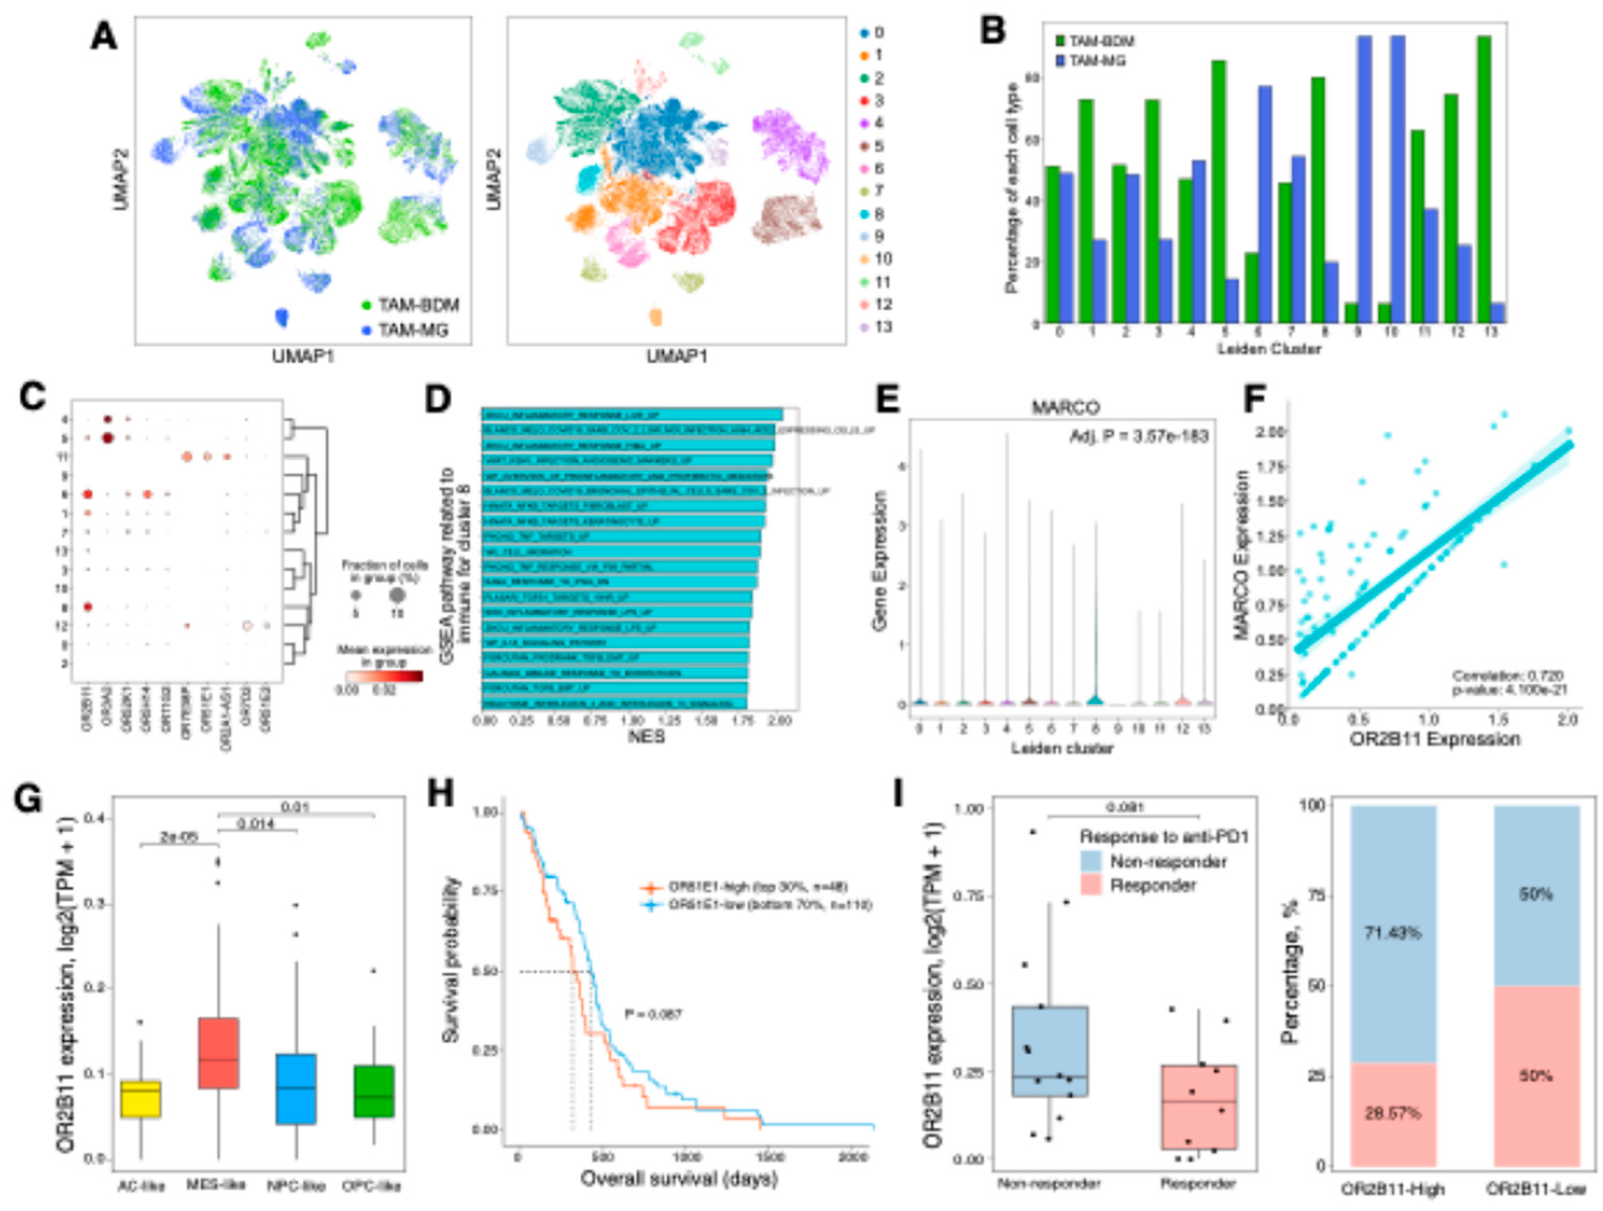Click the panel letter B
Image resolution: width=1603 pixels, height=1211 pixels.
pyautogui.click(x=993, y=33)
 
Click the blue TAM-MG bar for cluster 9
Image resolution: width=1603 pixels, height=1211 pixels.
pyautogui.click(x=1364, y=181)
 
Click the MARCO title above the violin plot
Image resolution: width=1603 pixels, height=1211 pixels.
pyautogui.click(x=1065, y=408)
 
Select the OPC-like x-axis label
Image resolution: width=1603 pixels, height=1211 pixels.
pyautogui.click(x=371, y=1186)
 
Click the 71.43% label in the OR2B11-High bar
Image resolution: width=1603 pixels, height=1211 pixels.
pyautogui.click(x=1393, y=932)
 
